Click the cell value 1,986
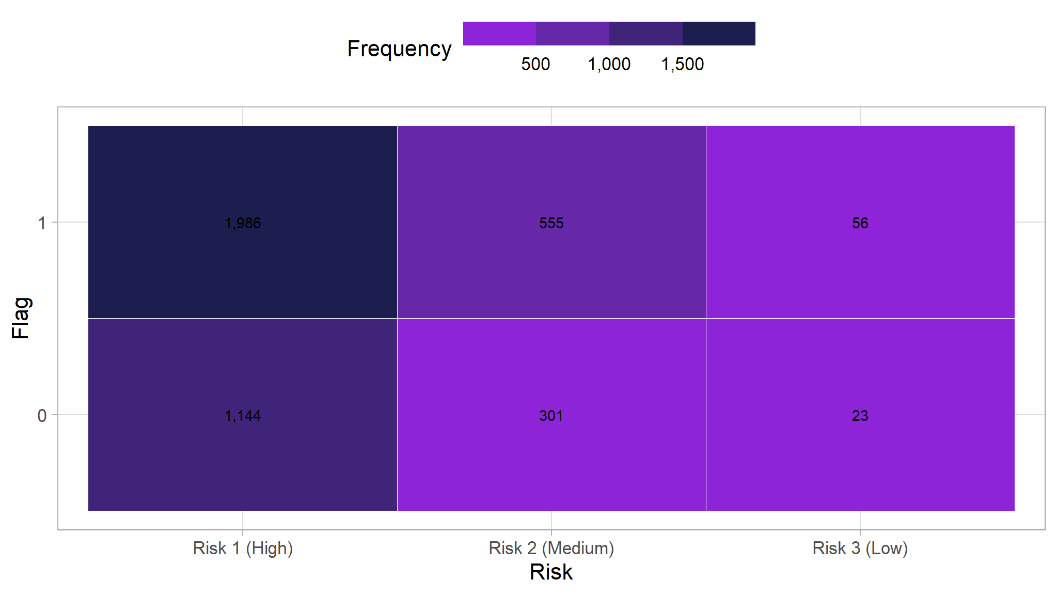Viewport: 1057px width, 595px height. [x=243, y=223]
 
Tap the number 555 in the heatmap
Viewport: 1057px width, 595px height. [x=551, y=223]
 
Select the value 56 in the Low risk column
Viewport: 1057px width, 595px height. [x=860, y=223]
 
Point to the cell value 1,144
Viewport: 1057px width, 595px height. [x=243, y=416]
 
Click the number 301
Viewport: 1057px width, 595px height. [x=551, y=416]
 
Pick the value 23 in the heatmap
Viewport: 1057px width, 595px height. [x=860, y=416]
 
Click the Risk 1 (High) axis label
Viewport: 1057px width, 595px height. [x=243, y=548]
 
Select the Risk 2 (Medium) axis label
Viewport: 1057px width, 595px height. [x=551, y=548]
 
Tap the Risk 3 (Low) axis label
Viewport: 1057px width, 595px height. [x=860, y=548]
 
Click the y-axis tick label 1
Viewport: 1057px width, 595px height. [x=42, y=223]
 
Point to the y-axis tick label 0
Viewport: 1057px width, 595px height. [x=42, y=416]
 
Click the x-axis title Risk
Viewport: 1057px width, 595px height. [x=551, y=572]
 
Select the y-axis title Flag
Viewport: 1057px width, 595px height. [x=21, y=318]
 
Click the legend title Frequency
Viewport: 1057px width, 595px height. [x=399, y=49]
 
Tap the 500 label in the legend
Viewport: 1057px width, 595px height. [x=535, y=64]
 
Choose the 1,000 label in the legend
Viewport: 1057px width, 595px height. [x=609, y=64]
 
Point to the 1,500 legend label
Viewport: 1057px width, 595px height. [x=682, y=64]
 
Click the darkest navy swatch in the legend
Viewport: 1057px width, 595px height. [x=719, y=34]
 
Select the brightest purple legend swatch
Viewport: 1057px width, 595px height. [x=499, y=34]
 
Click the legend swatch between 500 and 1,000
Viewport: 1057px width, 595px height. [x=572, y=34]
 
